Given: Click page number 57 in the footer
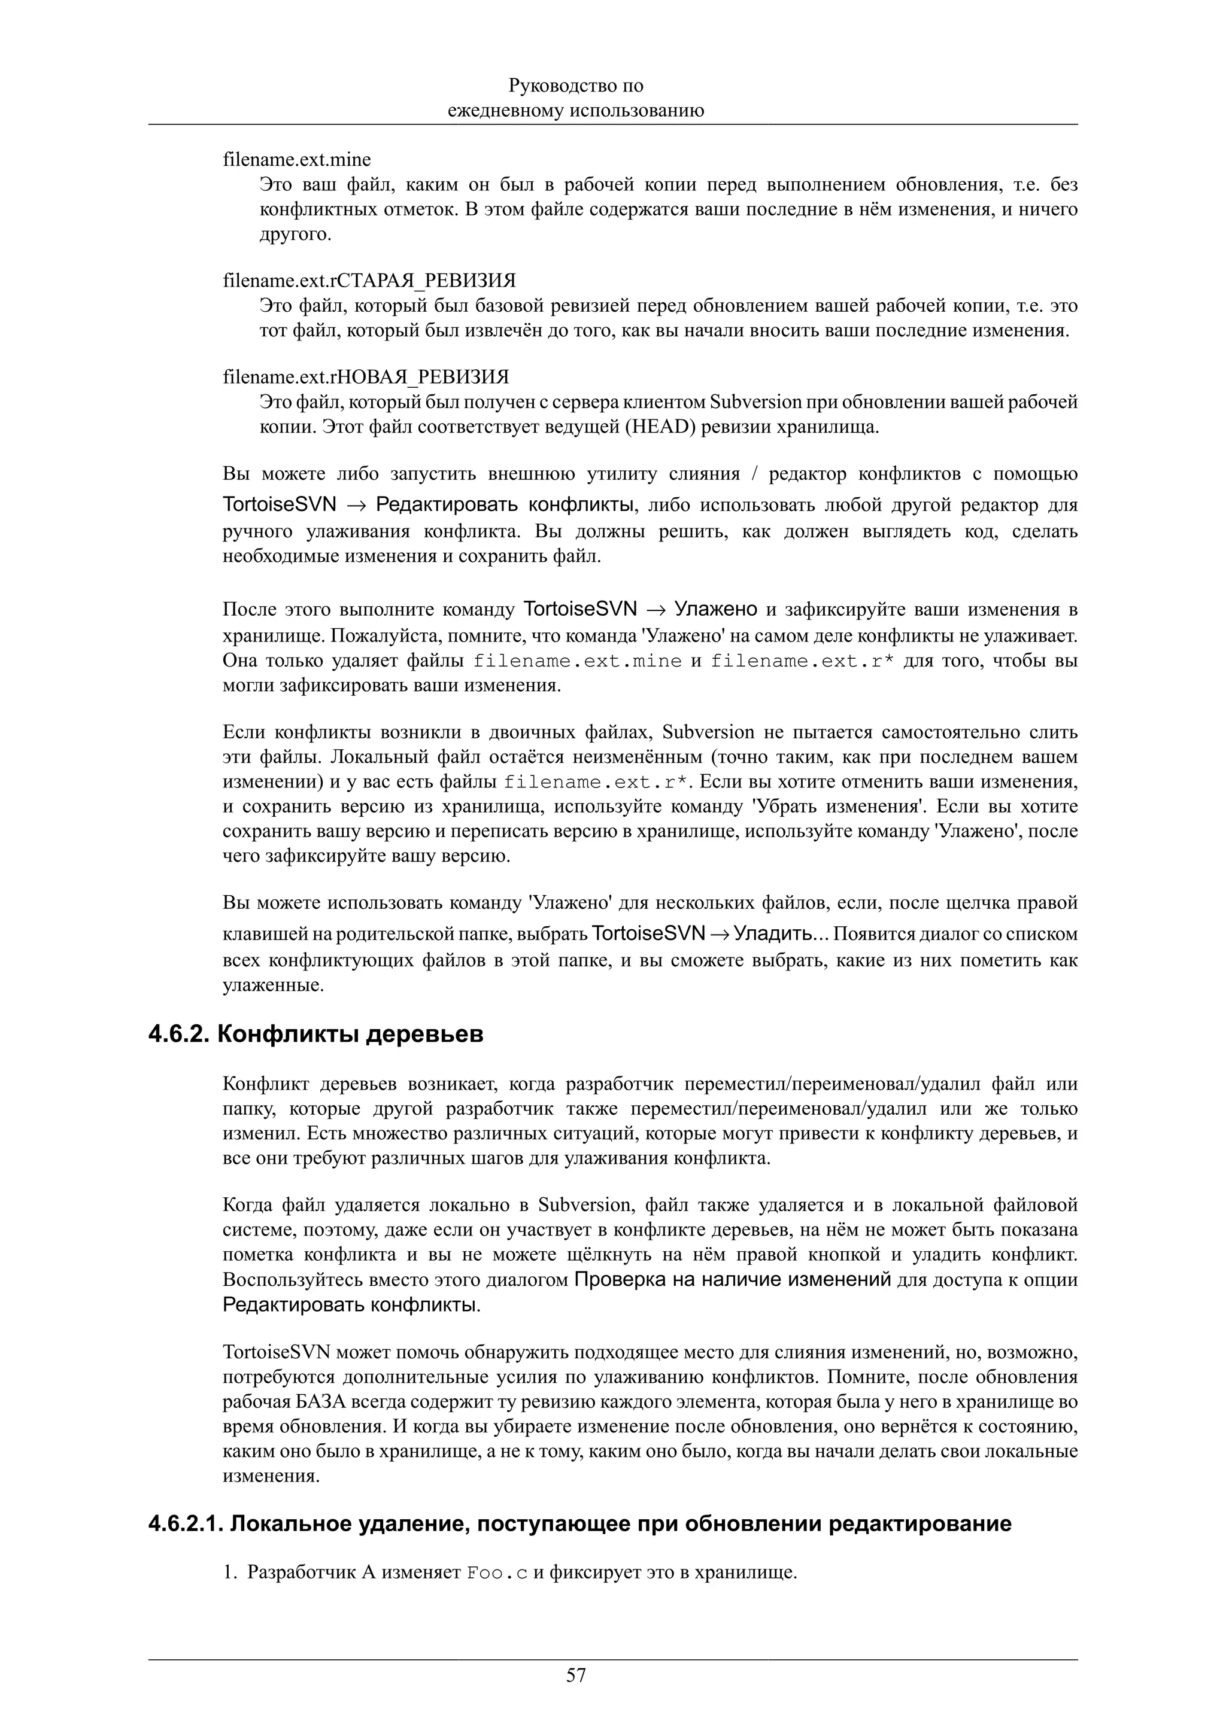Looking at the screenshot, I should tap(576, 1675).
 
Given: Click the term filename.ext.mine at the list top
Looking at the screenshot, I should tap(297, 159).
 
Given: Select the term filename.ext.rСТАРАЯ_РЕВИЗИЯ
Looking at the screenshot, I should tap(369, 281).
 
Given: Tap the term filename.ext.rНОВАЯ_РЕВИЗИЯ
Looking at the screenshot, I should tap(366, 377).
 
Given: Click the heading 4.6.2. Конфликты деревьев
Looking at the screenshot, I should tap(315, 1034).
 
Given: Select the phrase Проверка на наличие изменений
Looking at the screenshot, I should tap(733, 1279).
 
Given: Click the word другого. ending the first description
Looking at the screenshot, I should tap(295, 234).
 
